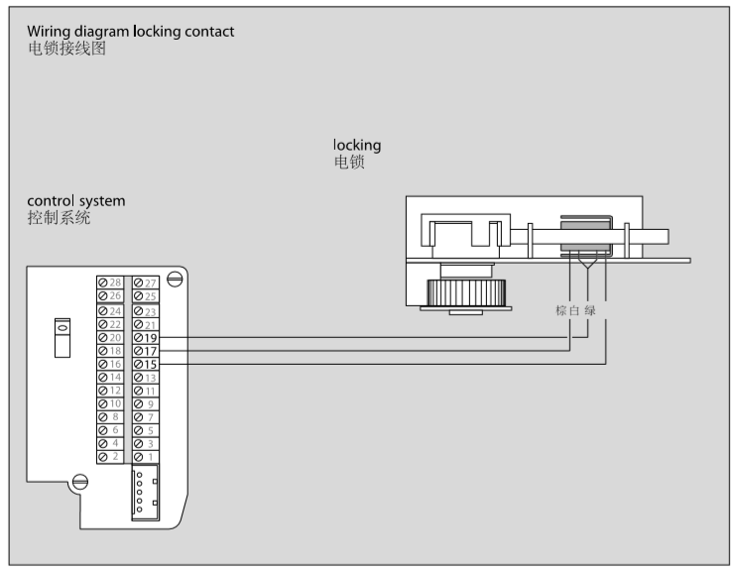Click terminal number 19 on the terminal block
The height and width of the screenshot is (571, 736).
click(146, 339)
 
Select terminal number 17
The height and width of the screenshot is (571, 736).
click(146, 352)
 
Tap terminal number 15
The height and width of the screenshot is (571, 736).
click(146, 365)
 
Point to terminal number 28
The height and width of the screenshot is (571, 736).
click(110, 284)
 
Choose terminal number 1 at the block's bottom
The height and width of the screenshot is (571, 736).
click(146, 457)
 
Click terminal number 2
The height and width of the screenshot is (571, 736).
click(110, 457)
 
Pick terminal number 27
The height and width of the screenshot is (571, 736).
click(146, 284)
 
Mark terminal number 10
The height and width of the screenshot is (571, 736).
click(110, 404)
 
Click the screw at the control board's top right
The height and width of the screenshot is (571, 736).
click(175, 280)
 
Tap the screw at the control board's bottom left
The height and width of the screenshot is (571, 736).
click(80, 482)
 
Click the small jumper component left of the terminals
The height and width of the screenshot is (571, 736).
click(61, 337)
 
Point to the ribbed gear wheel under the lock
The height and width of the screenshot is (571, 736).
click(465, 292)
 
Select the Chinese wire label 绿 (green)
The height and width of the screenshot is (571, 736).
click(604, 310)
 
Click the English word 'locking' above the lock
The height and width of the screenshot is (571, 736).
click(357, 146)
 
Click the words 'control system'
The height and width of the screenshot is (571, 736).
click(76, 201)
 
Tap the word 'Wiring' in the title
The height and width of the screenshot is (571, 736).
click(51, 32)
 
